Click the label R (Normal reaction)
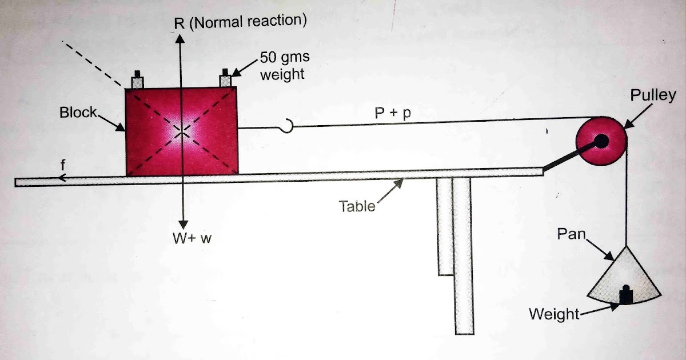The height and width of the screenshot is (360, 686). click(x=240, y=21)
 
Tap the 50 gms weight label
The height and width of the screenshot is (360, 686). click(x=284, y=66)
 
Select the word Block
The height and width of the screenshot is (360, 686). click(x=78, y=112)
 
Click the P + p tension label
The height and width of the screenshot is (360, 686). click(x=393, y=113)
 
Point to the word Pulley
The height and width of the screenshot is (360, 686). click(x=652, y=95)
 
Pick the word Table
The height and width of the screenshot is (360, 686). click(x=358, y=206)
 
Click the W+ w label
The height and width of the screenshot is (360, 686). click(x=193, y=238)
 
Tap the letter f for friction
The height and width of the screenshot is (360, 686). click(x=63, y=165)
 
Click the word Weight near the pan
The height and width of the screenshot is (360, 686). click(x=554, y=314)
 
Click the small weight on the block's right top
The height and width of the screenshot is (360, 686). click(x=225, y=79)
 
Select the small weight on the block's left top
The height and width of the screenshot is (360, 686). click(x=137, y=79)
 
